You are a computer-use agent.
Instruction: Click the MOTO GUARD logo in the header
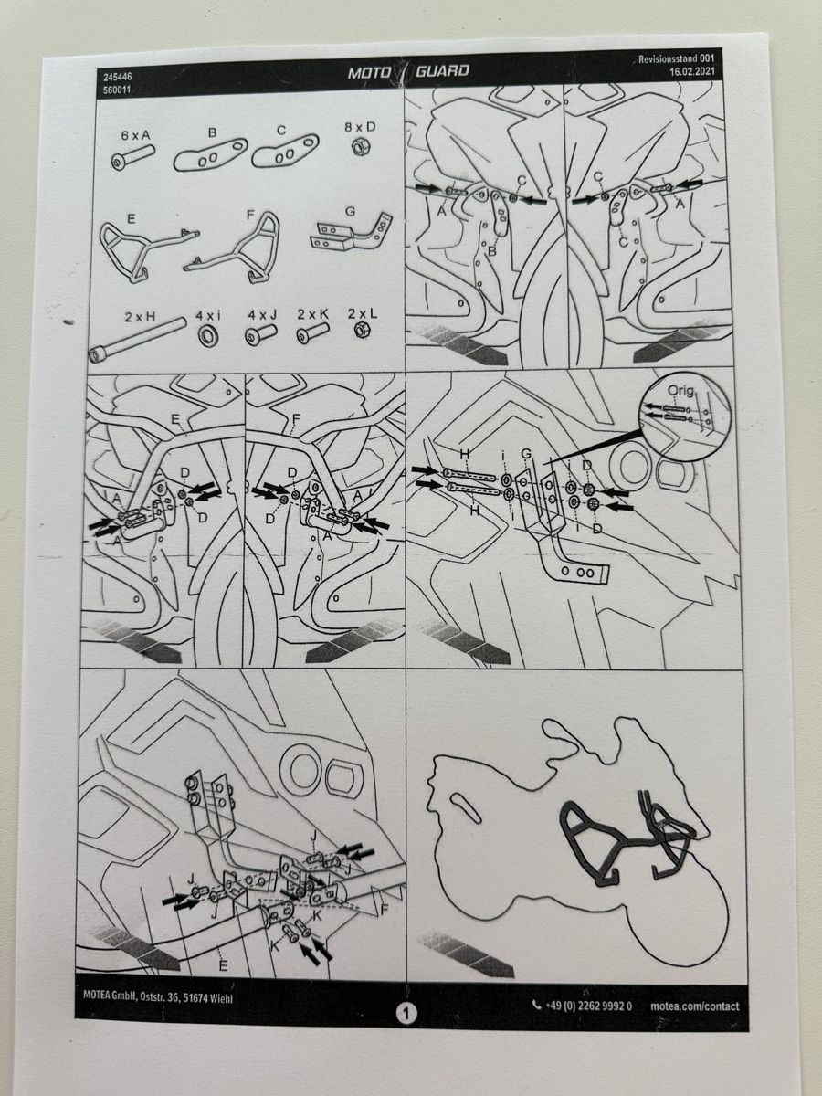pos(408,71)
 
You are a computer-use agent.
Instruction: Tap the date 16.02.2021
pos(691,72)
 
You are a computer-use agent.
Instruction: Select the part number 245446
pos(117,78)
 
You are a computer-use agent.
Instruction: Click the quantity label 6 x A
pos(137,135)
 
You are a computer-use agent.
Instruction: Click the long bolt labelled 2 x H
pos(137,341)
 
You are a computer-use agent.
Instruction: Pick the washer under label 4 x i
pos(207,335)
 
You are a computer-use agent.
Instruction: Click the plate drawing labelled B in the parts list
pos(210,153)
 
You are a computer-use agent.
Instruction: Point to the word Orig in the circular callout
pos(680,391)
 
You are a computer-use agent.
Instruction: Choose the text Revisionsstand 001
pos(676,59)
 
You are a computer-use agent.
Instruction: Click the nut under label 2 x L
pos(362,330)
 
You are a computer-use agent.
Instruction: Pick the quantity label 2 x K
pos(313,315)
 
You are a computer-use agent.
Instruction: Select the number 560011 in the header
pos(117,90)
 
